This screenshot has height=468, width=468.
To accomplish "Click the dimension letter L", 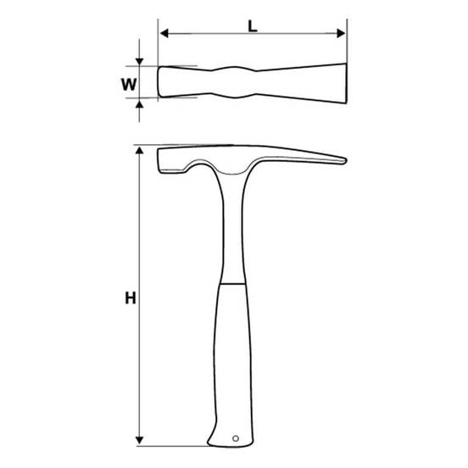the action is coord(253,27).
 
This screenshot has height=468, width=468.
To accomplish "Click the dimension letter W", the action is coord(129,85).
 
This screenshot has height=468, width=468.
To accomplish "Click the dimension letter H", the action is coord(131,298).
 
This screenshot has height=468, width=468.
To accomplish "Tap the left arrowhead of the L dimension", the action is coord(164,33).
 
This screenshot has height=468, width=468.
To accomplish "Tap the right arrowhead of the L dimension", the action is coord(341,33).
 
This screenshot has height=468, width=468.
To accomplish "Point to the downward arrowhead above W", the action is coord(139,62).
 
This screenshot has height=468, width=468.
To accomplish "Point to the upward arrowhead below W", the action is coord(139,104).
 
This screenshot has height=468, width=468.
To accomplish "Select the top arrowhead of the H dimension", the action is coord(139,150).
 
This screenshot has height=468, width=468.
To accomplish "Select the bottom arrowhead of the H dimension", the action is coord(139,440).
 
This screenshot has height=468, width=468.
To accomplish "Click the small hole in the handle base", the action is coord(236,438).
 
